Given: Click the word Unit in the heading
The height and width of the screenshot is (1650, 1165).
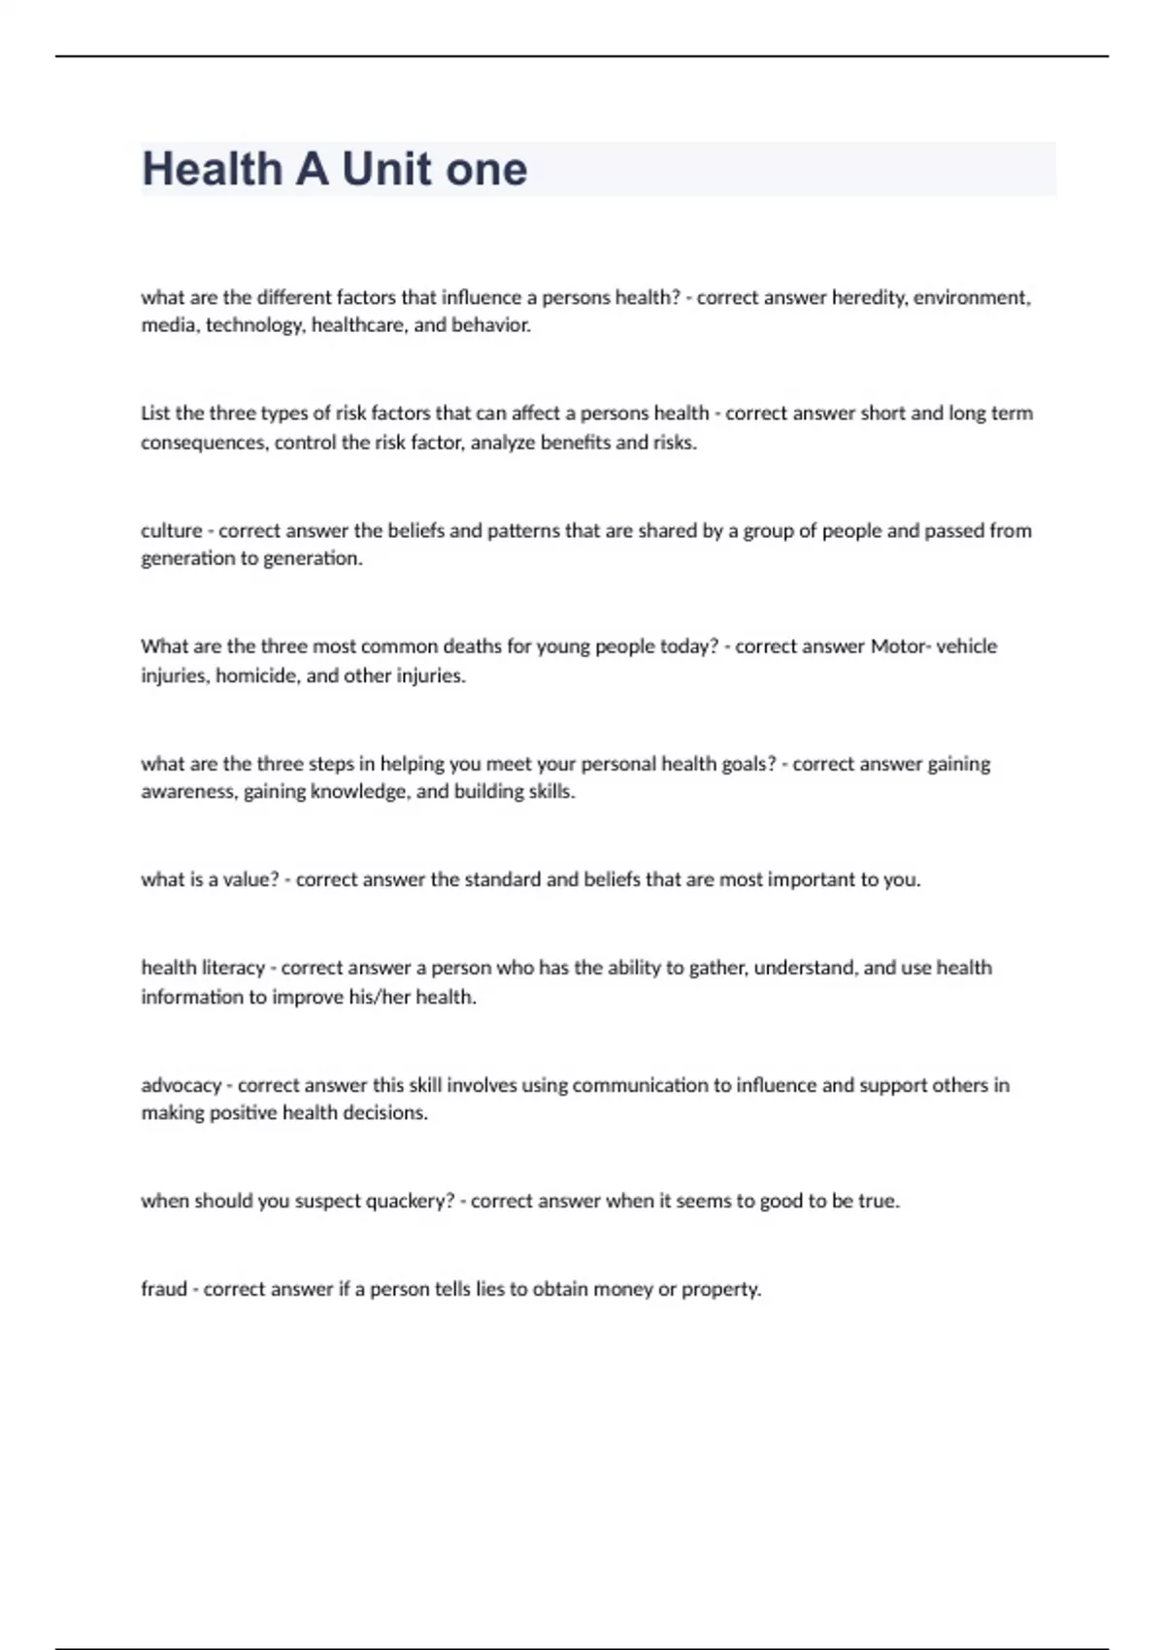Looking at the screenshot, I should [x=386, y=170].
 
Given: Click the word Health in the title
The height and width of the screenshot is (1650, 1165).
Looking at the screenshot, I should [x=212, y=170].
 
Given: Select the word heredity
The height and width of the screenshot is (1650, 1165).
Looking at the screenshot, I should [x=869, y=298].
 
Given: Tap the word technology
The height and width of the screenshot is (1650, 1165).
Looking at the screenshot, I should [x=255, y=325].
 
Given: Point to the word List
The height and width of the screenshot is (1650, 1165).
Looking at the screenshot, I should [x=155, y=413].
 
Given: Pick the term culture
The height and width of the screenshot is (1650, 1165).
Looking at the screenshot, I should [x=171, y=531].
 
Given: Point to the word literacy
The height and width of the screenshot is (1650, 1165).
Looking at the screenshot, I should [x=232, y=968].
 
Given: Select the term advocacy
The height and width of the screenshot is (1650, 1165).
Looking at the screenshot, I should [x=181, y=1085].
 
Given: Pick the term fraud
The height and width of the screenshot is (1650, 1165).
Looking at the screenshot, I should [x=163, y=1290].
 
